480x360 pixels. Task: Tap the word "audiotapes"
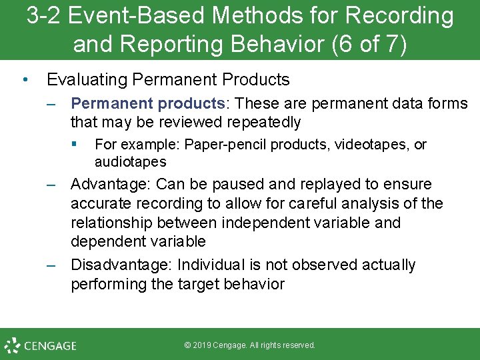(x=130, y=162)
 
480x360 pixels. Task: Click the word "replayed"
(x=340, y=184)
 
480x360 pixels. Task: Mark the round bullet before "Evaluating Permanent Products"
(x=25, y=80)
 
